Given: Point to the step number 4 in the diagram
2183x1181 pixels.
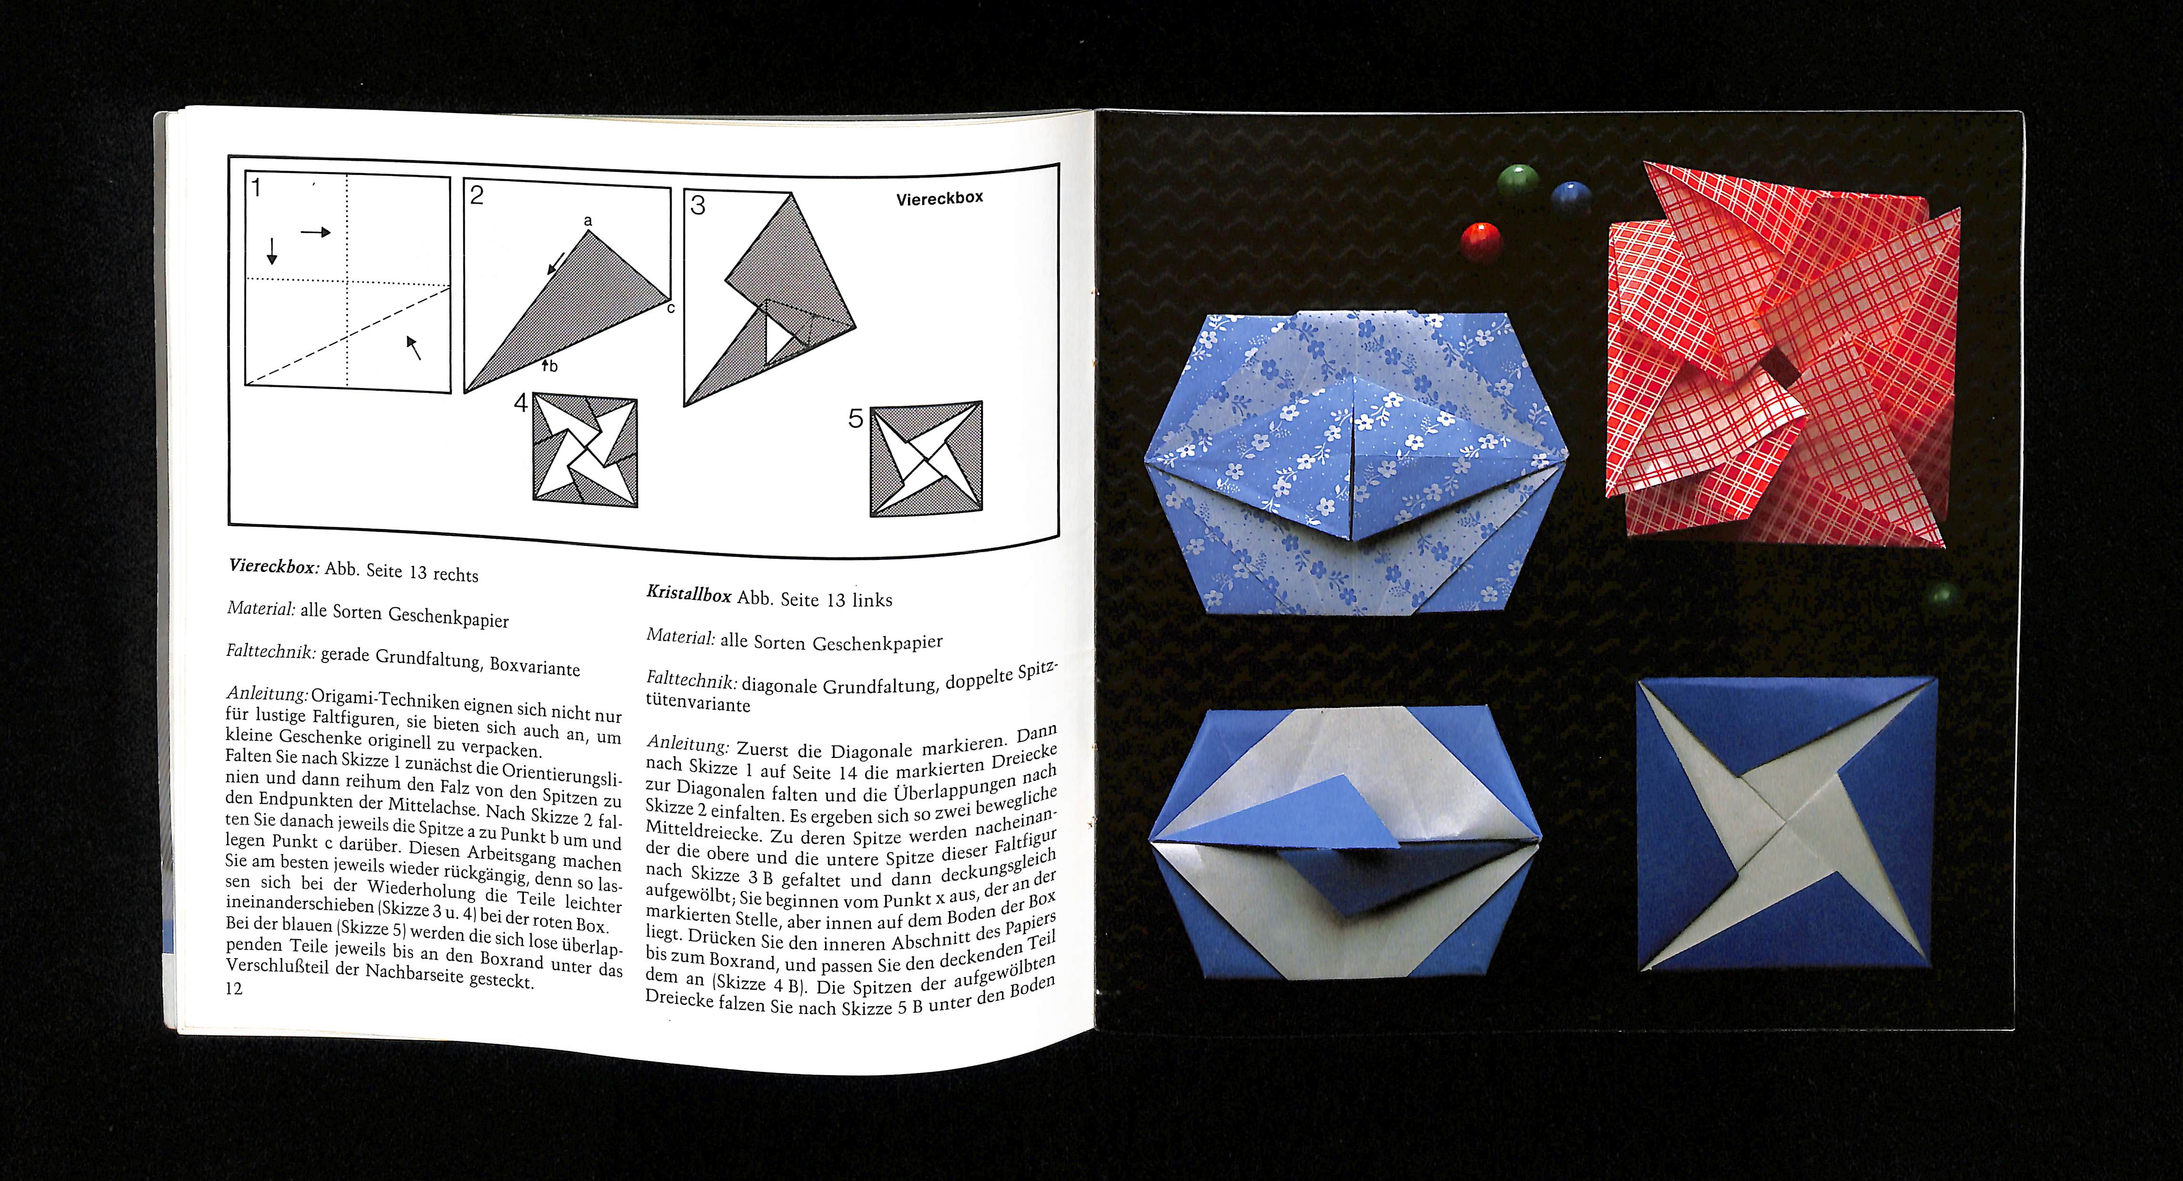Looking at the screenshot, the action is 521,403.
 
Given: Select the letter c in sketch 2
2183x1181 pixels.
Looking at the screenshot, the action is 670,308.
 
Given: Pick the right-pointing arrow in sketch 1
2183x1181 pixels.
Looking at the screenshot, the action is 315,231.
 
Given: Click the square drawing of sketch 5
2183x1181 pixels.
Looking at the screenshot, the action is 926,459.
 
